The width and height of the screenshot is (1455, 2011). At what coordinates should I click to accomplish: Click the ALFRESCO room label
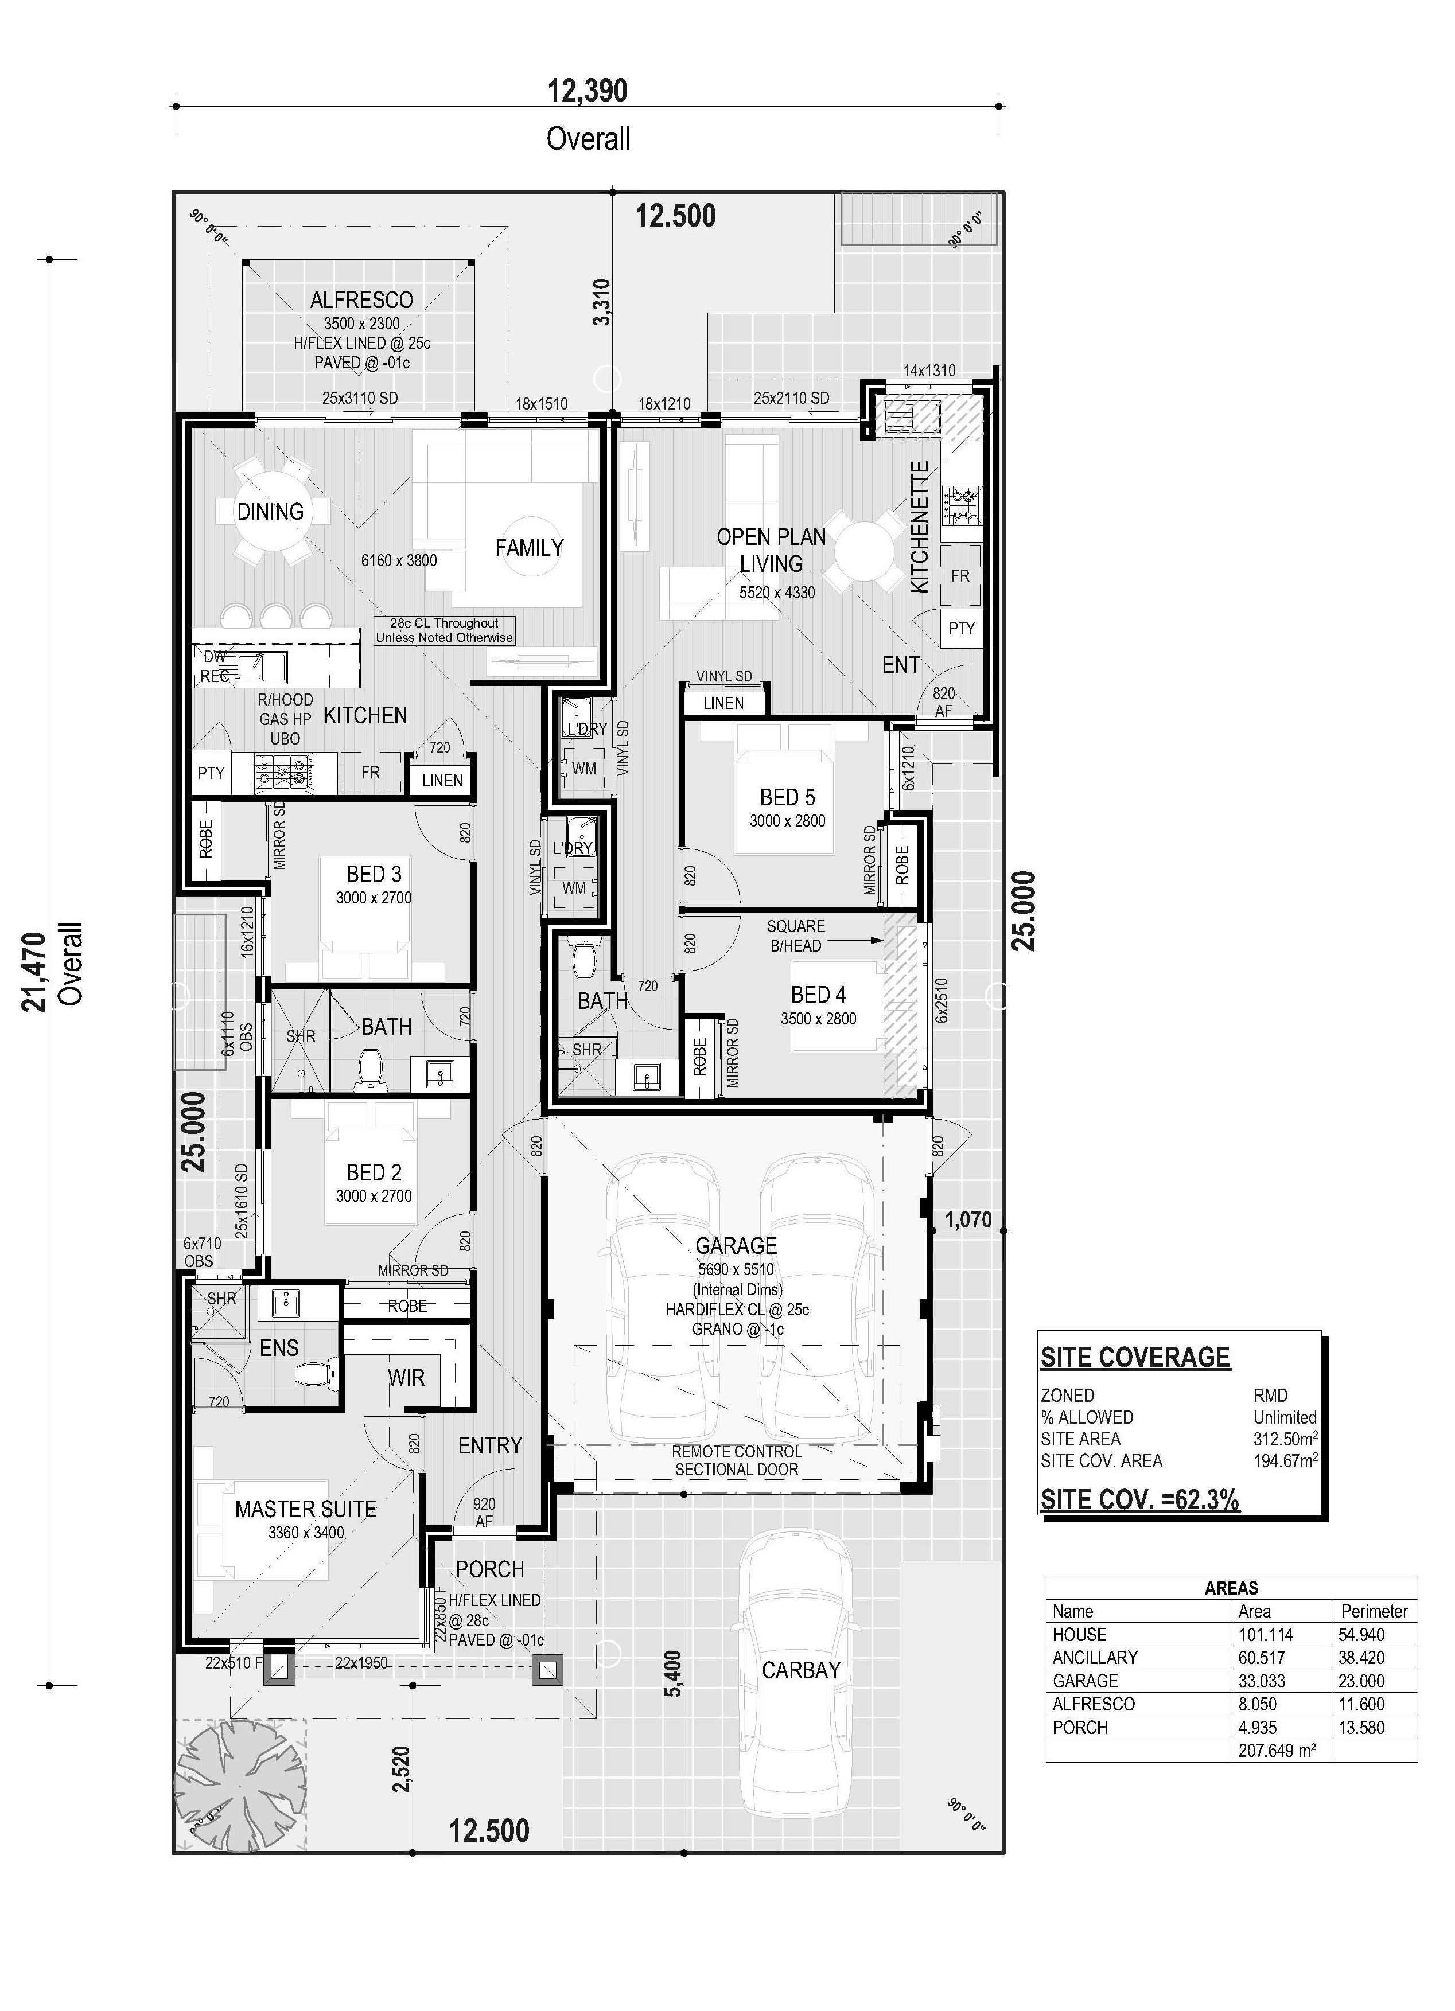pyautogui.click(x=361, y=299)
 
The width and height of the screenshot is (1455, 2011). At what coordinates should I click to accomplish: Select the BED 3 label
pyautogui.click(x=374, y=874)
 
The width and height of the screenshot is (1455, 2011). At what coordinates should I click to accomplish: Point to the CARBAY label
pyautogui.click(x=800, y=1670)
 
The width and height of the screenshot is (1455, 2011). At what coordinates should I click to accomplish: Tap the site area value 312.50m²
pyautogui.click(x=1285, y=1439)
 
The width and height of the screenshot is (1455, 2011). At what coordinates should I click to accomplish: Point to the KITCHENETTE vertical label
pyautogui.click(x=920, y=527)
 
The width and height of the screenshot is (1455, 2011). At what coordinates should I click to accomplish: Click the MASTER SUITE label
pyautogui.click(x=306, y=1509)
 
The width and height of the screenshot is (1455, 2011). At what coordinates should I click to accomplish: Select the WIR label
pyautogui.click(x=406, y=1378)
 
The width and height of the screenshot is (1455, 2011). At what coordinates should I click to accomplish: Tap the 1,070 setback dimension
pyautogui.click(x=968, y=1219)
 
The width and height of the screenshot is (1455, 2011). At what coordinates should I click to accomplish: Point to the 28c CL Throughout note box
pyautogui.click(x=444, y=630)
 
